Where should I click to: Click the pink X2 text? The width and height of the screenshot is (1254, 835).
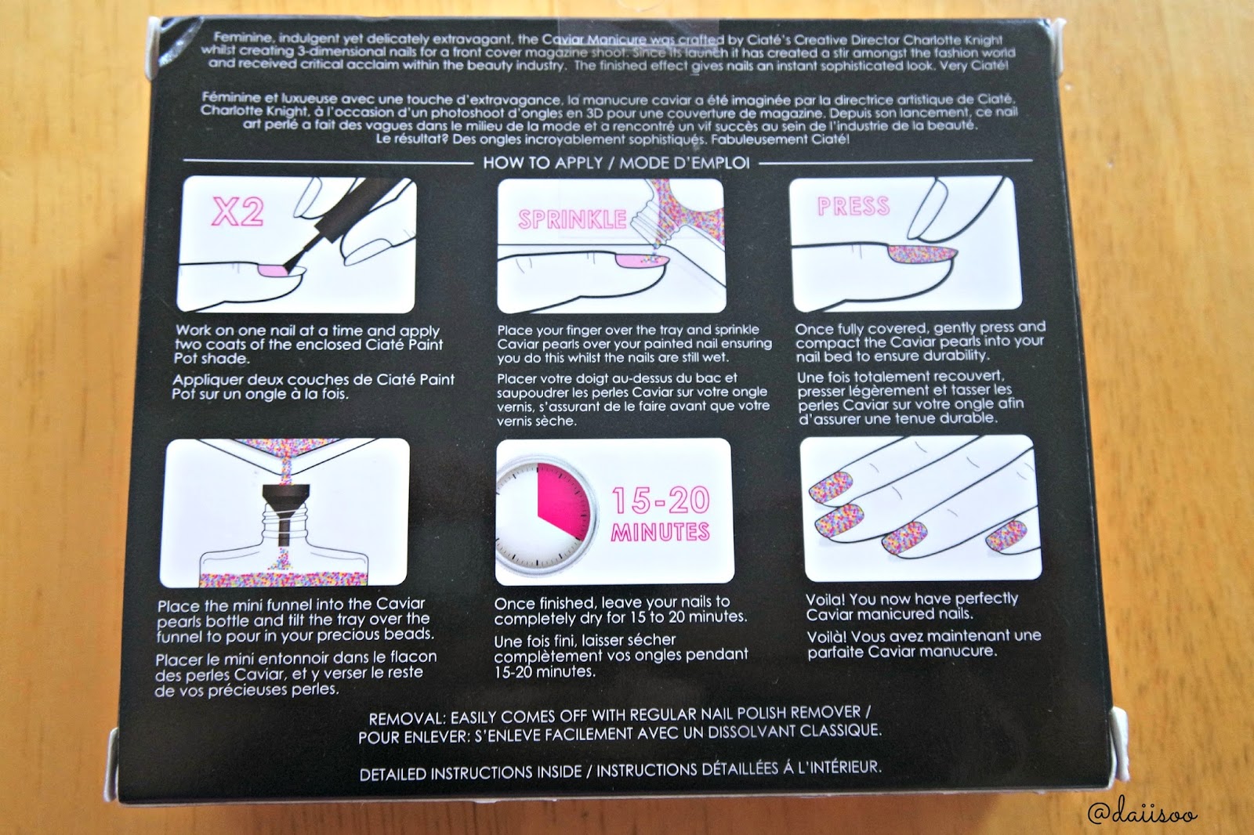[x=237, y=211]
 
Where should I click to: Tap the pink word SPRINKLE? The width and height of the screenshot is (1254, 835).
[x=572, y=219]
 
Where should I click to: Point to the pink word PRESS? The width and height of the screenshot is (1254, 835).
[x=854, y=206]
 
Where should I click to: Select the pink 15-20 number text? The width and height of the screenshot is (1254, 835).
[x=661, y=500]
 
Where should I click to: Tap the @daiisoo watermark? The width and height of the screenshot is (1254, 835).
[x=1142, y=812]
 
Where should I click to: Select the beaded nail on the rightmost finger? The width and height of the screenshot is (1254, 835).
[x=1006, y=536]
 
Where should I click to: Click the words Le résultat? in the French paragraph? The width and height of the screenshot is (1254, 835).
[x=411, y=138]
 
